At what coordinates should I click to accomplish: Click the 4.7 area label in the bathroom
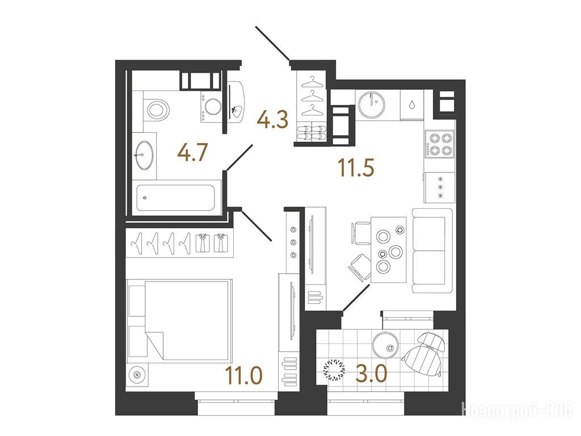192,153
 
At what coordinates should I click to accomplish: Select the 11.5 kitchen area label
356,167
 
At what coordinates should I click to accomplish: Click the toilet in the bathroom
156,110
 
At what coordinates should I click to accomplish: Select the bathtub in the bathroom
176,198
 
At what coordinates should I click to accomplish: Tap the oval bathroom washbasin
144,155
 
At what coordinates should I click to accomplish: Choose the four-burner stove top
440,144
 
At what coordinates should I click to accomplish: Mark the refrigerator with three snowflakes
440,187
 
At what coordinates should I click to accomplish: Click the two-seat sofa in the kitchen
432,250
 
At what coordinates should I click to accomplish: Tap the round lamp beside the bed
137,375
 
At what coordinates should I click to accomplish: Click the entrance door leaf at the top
272,43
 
